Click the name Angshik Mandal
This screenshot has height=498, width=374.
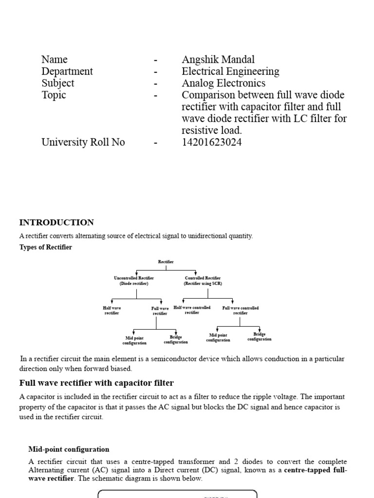click(218, 60)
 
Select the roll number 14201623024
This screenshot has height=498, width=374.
click(211, 142)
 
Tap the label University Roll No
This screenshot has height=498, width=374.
click(83, 142)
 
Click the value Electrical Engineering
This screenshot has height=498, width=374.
click(230, 71)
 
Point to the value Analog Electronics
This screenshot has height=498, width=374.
click(224, 83)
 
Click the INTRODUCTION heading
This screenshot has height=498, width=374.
click(56, 223)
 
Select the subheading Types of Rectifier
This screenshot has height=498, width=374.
click(45, 248)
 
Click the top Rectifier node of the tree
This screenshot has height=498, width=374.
click(166, 262)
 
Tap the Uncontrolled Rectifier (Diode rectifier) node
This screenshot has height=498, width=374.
click(134, 281)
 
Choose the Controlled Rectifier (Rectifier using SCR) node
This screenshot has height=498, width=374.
click(203, 281)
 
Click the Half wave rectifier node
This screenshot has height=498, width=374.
click(112, 311)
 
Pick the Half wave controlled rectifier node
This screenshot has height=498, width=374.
click(192, 310)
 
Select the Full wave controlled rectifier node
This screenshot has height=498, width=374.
click(240, 310)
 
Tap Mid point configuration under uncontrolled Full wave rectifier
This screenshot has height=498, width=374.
click(135, 340)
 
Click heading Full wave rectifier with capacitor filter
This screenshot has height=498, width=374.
click(96, 383)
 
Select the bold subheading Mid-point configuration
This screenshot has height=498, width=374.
click(69, 449)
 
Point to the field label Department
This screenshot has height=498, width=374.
click(67, 71)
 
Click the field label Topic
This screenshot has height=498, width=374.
click(54, 95)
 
